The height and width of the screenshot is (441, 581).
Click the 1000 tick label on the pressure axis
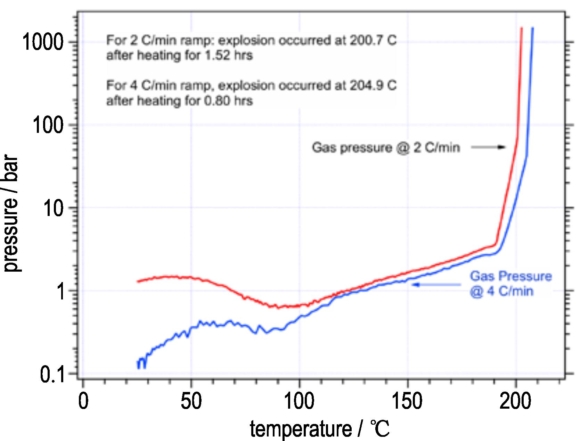pos(43,42)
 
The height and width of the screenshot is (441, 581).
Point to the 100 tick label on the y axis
pos(48,125)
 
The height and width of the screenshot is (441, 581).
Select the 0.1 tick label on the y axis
pos(52,375)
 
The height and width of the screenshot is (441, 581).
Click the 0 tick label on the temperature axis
pos(83,401)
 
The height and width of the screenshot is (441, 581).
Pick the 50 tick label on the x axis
pos(191,401)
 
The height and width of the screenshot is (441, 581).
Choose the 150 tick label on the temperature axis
pos(407,401)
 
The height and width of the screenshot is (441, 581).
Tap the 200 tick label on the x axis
pos(515,401)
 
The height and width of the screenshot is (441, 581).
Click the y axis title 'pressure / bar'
pos(11,214)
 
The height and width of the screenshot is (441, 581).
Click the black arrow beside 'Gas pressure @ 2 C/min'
pos(488,147)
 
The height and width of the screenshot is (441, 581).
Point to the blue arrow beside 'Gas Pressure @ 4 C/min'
pos(436,285)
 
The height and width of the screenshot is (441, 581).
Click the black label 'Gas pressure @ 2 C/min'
pos(386,147)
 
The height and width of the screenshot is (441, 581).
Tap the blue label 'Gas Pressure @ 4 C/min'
pos(510,283)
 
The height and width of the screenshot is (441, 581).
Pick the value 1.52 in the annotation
pos(217,56)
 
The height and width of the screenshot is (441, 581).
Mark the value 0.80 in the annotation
pos(217,101)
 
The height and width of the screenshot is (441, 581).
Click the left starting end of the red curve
pos(138,281)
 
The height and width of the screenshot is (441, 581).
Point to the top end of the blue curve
pos(532,29)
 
